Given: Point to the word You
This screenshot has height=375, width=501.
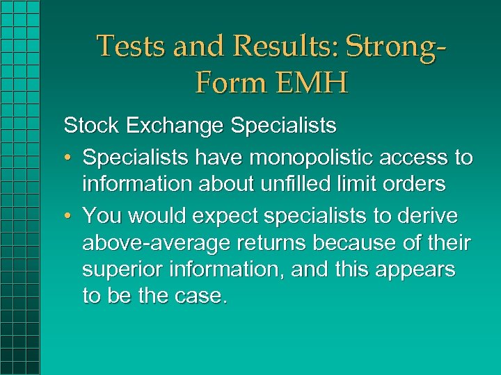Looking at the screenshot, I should (x=102, y=216).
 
